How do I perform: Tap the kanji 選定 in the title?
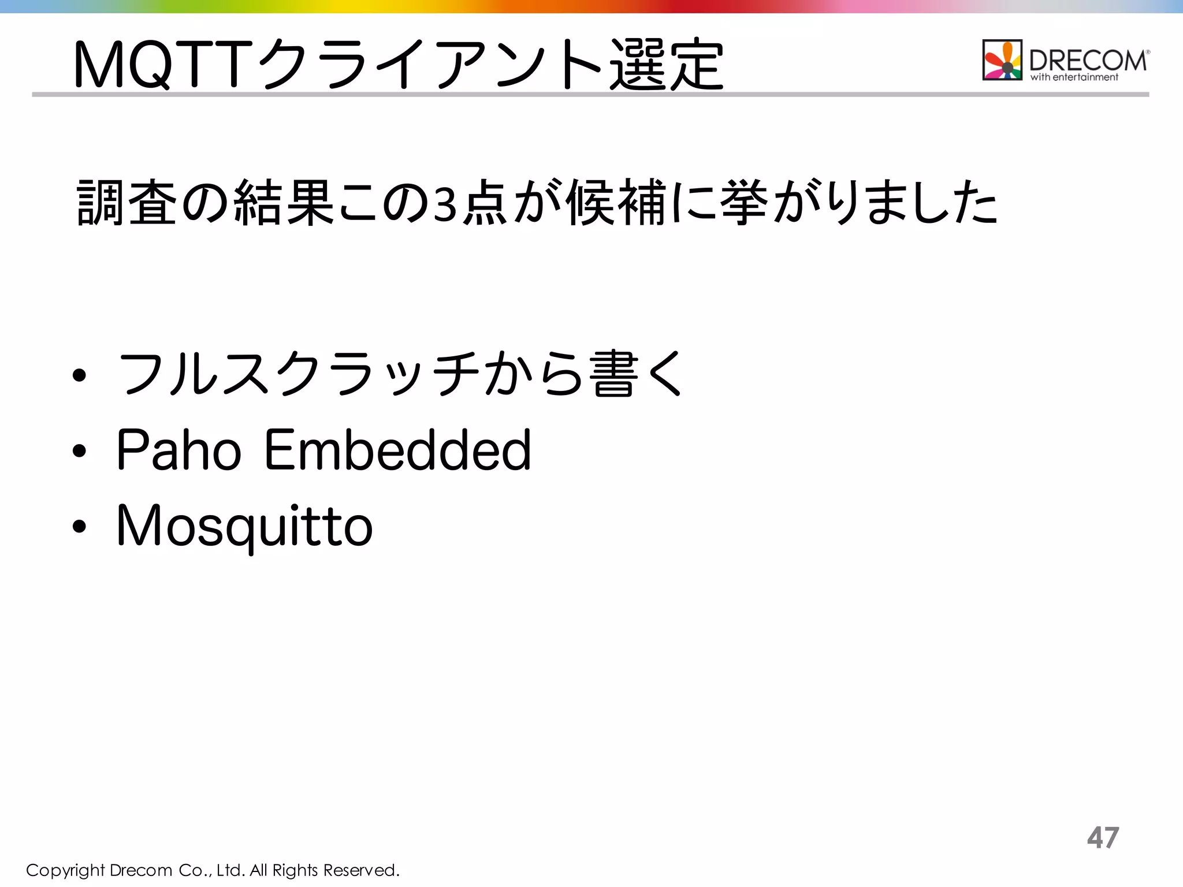pos(665,64)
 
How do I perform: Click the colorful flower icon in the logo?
pos(1002,60)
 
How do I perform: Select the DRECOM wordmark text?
pos(1088,60)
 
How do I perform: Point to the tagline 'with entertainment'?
pos(1074,77)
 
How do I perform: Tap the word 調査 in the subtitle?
pos(127,203)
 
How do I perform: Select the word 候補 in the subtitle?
pos(616,203)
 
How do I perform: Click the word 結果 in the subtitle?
pos(284,203)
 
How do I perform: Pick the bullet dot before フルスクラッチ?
pos(80,376)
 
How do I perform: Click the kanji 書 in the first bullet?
pos(613,374)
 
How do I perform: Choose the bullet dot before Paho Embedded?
pos(80,451)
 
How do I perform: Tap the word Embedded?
pos(397,450)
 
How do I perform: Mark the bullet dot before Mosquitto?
pos(80,526)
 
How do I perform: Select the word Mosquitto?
pos(245,526)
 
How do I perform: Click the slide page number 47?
pos(1103,837)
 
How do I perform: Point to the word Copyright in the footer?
pos(65,870)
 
